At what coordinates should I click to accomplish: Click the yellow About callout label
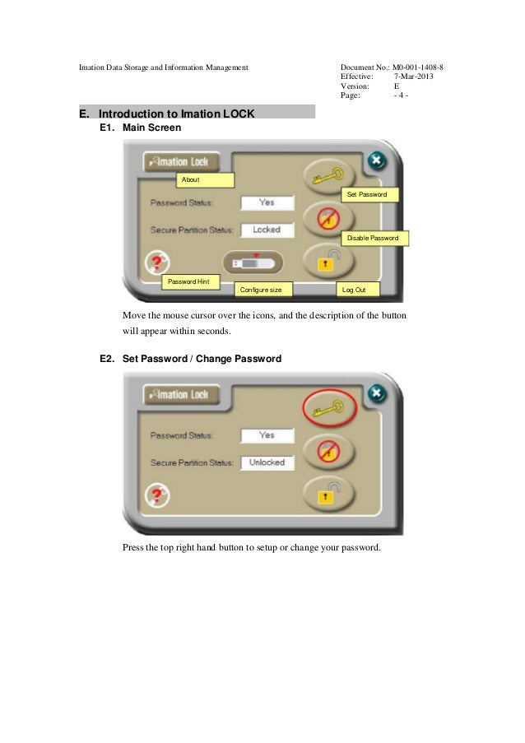coord(206,180)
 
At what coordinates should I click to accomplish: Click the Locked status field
coord(267,230)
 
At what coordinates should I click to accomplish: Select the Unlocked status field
coord(267,462)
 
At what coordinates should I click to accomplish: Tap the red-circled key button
coord(330,407)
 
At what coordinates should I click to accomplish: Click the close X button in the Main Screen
coord(375,160)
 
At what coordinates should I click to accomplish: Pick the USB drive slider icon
coord(256,262)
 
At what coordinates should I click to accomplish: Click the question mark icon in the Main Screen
coord(157,262)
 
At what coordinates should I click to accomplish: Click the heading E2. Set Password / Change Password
coord(190,359)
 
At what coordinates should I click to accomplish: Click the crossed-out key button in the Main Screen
coord(330,220)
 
